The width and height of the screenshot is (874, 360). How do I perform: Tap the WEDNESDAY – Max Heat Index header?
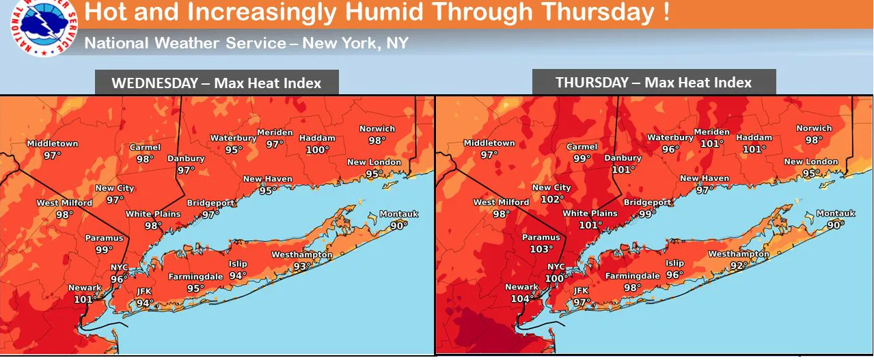(216, 83)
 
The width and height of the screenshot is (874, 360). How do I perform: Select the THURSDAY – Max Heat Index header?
(653, 83)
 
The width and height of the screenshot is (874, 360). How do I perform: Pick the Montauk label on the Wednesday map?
(398, 214)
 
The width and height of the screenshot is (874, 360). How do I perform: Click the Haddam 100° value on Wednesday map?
(317, 149)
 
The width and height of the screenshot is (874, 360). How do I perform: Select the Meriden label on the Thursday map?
(711, 132)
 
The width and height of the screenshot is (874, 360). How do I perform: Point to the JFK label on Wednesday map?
(144, 292)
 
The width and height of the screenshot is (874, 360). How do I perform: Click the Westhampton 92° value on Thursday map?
(738, 265)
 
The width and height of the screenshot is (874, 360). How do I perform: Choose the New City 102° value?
(552, 199)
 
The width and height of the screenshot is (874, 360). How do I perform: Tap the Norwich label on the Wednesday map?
(377, 128)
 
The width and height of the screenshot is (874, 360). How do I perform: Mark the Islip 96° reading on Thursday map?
(674, 275)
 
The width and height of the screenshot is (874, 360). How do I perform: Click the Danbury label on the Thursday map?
(623, 158)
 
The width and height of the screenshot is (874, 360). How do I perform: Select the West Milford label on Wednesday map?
(65, 203)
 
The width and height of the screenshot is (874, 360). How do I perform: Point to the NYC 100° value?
(556, 278)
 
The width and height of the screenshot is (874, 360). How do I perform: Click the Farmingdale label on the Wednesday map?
(195, 277)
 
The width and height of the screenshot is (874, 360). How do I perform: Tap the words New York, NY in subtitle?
(355, 43)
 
